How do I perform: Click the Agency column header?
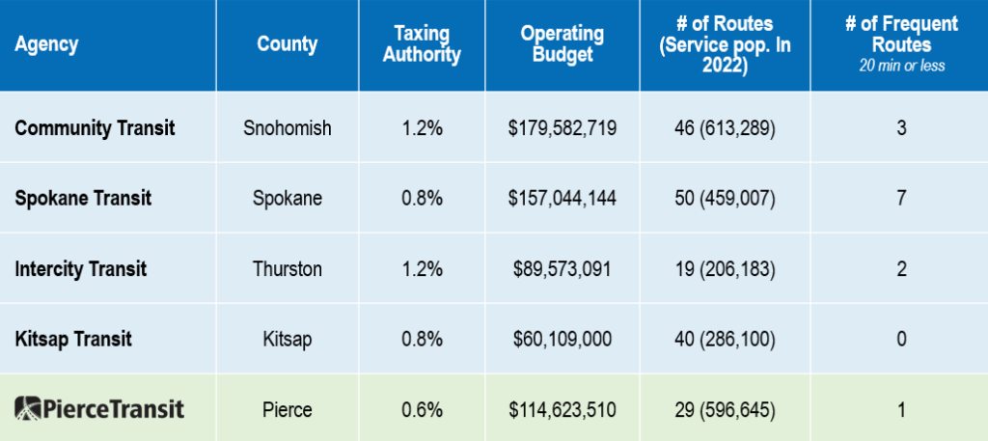46,44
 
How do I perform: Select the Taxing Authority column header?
422,44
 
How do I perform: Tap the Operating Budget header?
563,44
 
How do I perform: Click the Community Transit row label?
95,127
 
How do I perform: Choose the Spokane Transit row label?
83,198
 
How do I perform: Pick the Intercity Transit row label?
81,268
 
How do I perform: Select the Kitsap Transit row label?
73,339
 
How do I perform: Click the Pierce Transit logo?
99,408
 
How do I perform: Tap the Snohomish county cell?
288,127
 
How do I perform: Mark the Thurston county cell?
288,268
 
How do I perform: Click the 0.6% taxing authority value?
422,409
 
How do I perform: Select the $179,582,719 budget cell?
563,127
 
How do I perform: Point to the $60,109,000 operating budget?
563,339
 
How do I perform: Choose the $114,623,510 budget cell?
563,409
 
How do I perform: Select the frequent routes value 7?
901,198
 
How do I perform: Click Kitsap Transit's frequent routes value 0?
901,339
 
